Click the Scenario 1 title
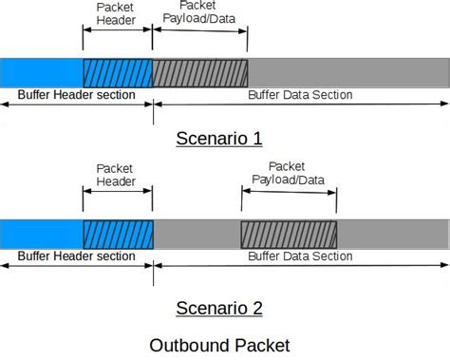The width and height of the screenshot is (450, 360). coord(218,139)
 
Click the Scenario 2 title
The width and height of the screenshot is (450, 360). coord(218,307)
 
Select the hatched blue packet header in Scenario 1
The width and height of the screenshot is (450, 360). coord(117,73)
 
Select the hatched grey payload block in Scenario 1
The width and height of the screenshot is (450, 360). coord(199,73)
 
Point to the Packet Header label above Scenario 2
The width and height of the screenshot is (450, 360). coord(117,174)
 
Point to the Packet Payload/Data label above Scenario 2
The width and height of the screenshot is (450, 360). coord(289,173)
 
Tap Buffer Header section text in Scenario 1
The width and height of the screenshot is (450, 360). coord(76,95)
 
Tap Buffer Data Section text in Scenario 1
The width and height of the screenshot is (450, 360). coord(300,95)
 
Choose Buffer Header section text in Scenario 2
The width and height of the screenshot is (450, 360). coord(76,256)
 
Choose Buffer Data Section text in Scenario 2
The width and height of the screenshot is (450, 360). coord(300,256)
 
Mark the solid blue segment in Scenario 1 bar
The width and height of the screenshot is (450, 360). coord(42,73)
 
